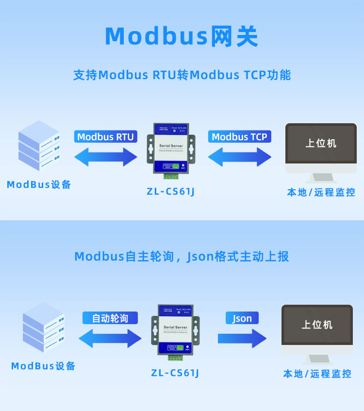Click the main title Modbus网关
click(182, 36)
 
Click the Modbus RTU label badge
click(105, 137)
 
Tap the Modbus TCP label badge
click(240, 137)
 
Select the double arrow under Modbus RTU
click(106, 157)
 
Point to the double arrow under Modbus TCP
click(240, 157)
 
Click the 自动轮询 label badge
click(110, 318)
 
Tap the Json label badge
click(242, 318)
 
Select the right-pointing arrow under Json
click(242, 338)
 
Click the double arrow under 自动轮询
click(110, 338)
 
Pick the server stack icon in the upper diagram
click(39, 146)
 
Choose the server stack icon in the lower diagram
click(44, 328)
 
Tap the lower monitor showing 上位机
click(317, 333)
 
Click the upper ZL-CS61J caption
click(171, 191)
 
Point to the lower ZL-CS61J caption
click(175, 373)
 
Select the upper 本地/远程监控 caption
click(321, 193)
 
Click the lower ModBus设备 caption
click(44, 366)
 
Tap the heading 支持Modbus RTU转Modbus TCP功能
click(182, 75)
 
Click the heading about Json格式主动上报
click(182, 256)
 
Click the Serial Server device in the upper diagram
click(171, 150)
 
